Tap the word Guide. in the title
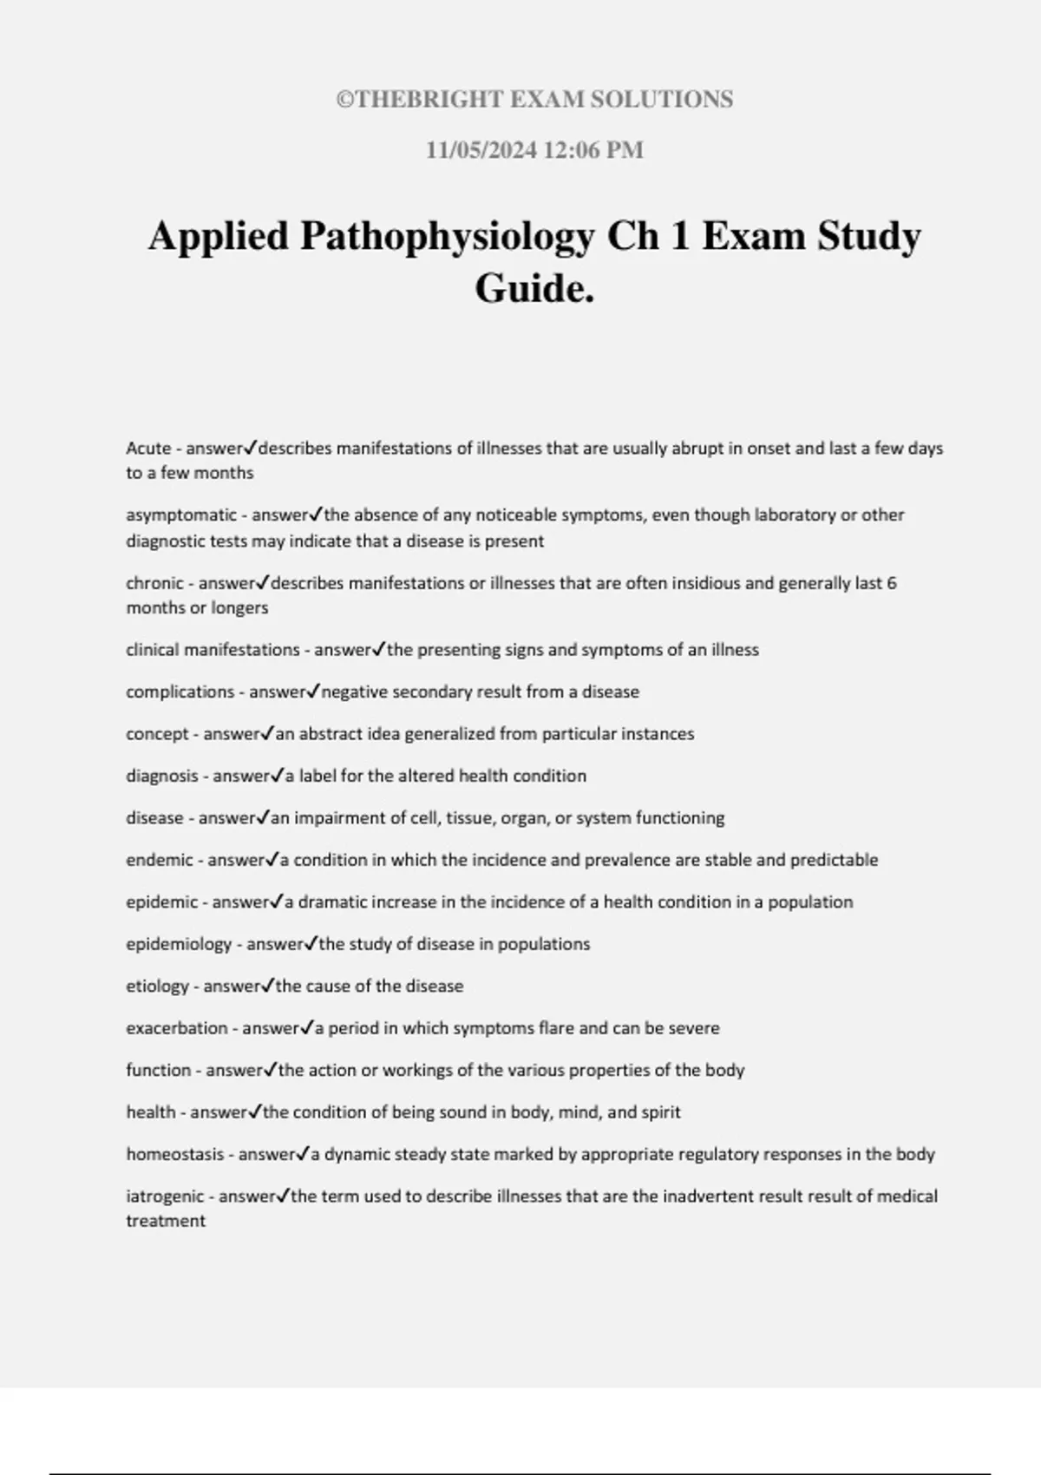click(534, 288)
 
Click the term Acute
click(148, 449)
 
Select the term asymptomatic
click(181, 515)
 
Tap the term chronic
click(155, 583)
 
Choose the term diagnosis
click(162, 777)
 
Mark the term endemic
click(160, 861)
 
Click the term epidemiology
click(179, 945)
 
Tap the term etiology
click(157, 987)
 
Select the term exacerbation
click(177, 1029)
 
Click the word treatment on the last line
click(166, 1222)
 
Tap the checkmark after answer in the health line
click(255, 1111)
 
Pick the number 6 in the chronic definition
click(892, 583)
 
